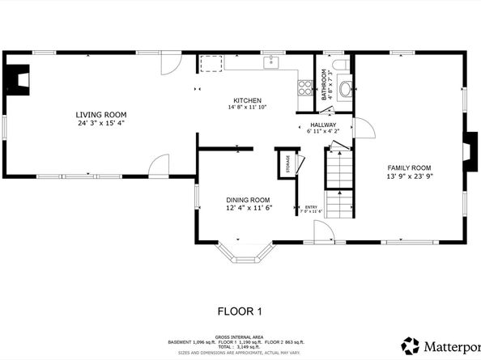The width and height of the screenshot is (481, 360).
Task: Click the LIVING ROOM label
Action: [101, 115]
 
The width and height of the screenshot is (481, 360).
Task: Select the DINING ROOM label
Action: [248, 200]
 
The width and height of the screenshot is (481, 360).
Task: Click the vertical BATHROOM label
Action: [324, 84]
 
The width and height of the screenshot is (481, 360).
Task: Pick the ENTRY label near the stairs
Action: [311, 207]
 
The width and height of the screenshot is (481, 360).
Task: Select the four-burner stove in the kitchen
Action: [306, 84]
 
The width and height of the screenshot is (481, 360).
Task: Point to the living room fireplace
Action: [15, 78]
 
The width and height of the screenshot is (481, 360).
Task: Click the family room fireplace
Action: [468, 148]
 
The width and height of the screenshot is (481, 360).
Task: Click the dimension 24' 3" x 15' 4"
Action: [101, 124]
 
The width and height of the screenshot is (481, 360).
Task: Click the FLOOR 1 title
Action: [240, 311]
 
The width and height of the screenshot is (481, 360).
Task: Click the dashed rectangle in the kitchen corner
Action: [212, 63]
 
